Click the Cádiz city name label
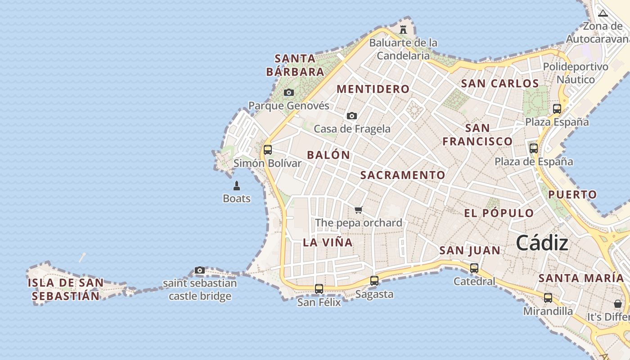point(542,243)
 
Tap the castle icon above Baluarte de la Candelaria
point(403,30)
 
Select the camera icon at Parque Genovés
point(289,93)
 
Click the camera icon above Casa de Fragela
point(352,116)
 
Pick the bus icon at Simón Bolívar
point(268,150)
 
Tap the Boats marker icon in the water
point(237,185)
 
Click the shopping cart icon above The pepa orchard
point(359,210)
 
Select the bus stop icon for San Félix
point(319,289)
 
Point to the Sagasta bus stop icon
point(374,281)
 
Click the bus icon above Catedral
point(474,268)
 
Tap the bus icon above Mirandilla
point(548,297)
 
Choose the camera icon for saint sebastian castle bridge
point(200,270)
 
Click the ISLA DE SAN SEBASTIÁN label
point(66,289)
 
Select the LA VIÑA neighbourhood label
point(328,242)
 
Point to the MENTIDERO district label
point(373,89)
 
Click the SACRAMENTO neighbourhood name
point(403,175)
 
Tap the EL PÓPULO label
point(499,213)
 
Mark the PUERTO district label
point(572,195)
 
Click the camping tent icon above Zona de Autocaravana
point(603,13)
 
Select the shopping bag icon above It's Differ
point(618,304)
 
